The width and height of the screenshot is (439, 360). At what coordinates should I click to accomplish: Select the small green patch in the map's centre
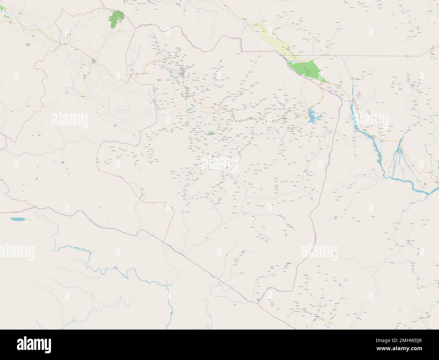point(212,134)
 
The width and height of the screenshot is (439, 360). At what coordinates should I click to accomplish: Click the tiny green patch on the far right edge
point(425,183)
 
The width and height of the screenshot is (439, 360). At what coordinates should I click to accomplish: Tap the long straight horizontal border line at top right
point(371,55)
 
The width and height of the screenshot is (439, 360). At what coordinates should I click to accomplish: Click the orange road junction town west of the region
point(94,61)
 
